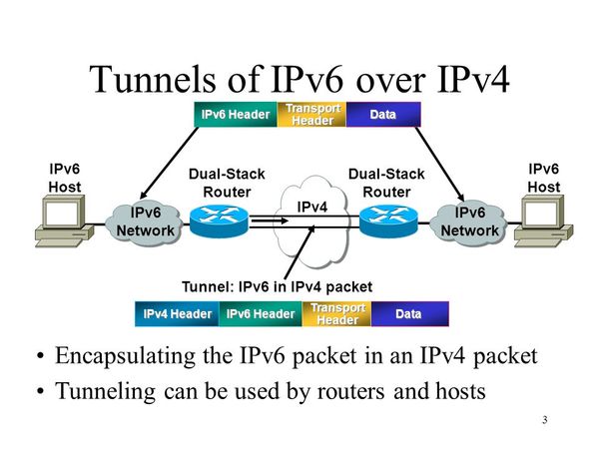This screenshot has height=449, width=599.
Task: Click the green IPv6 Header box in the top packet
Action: pyautogui.click(x=235, y=115)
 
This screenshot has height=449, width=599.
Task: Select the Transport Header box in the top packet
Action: pyautogui.click(x=312, y=115)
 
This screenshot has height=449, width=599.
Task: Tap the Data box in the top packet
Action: pyautogui.click(x=383, y=115)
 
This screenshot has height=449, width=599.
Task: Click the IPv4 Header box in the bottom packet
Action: pyautogui.click(x=177, y=314)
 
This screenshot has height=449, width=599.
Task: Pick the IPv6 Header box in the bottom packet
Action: pyautogui.click(x=261, y=314)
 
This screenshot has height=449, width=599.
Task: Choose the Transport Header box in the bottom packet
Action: pyautogui.click(x=337, y=314)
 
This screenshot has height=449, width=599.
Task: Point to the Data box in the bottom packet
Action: pyautogui.click(x=408, y=314)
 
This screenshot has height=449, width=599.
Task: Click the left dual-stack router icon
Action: pyautogui.click(x=219, y=221)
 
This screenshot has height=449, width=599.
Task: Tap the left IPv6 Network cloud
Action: pyautogui.click(x=146, y=222)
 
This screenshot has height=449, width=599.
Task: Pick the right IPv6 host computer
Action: pyautogui.click(x=544, y=220)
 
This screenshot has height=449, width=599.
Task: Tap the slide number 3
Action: pyautogui.click(x=545, y=419)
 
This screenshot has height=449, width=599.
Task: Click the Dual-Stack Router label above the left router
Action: pyautogui.click(x=227, y=184)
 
